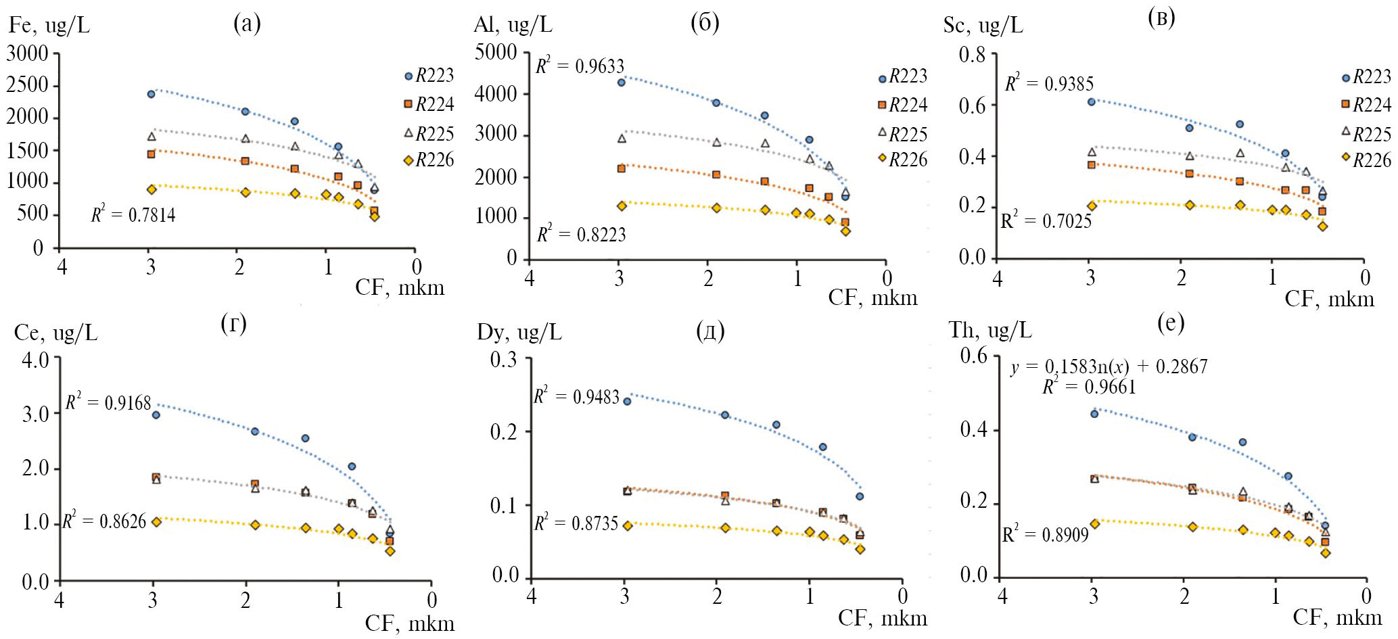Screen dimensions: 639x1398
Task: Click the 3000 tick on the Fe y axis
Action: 28,53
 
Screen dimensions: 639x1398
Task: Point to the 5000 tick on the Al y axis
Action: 496,52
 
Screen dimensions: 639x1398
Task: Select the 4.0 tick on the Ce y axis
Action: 35,359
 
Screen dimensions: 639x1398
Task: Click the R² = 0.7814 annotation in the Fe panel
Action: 133,215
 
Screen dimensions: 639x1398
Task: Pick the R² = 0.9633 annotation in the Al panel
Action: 580,66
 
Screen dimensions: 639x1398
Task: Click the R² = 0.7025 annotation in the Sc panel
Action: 1046,220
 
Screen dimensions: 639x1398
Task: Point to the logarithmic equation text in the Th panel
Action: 1109,367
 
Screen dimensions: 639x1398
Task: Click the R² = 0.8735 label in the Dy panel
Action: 576,523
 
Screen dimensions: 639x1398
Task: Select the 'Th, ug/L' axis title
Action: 990,330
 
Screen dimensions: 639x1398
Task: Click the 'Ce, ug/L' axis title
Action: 55,333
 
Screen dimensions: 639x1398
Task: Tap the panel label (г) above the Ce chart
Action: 233,325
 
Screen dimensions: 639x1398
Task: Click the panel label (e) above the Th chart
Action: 1171,324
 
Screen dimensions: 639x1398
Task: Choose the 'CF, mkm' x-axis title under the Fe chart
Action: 400,287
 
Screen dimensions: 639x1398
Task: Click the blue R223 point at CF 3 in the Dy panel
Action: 627,401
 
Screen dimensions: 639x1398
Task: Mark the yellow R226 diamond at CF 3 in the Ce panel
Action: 156,521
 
